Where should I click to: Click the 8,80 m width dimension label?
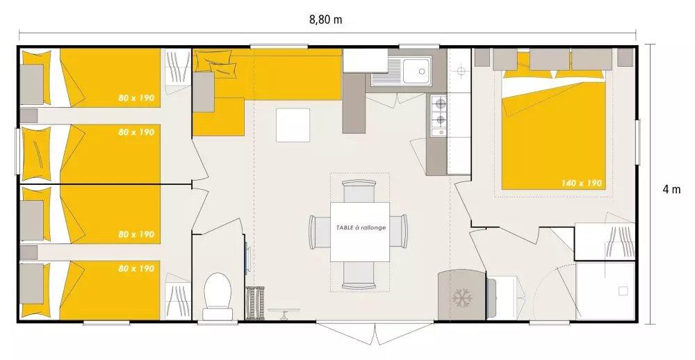tap(326, 20)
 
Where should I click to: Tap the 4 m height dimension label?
tap(671, 189)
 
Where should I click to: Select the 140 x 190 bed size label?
tap(582, 183)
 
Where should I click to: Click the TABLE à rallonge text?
tap(361, 227)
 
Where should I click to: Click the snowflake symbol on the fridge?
tap(462, 298)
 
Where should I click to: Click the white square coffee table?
tap(293, 125)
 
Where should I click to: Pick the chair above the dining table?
tap(359, 190)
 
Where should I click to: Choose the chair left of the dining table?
tap(320, 231)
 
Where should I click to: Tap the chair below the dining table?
tap(359, 275)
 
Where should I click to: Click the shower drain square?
tap(623, 291)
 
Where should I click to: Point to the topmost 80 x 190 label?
tap(136, 98)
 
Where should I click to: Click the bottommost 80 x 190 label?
tap(136, 268)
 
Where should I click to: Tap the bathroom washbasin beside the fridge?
tap(505, 297)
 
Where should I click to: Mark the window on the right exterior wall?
tap(638, 142)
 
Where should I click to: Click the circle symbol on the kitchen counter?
tap(461, 71)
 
